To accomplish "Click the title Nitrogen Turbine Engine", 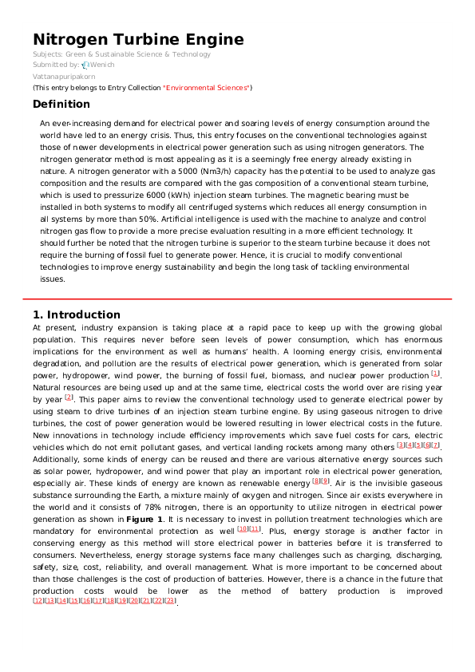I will pyautogui.click(x=138, y=40).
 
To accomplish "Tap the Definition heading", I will pyautogui.click(x=61, y=104).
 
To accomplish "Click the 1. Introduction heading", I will pyautogui.click(x=77, y=314).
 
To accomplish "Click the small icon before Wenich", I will pyautogui.click(x=85, y=64).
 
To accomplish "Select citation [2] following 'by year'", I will pyautogui.click(x=69, y=397).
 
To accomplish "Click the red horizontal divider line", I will pyautogui.click(x=237, y=299).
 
